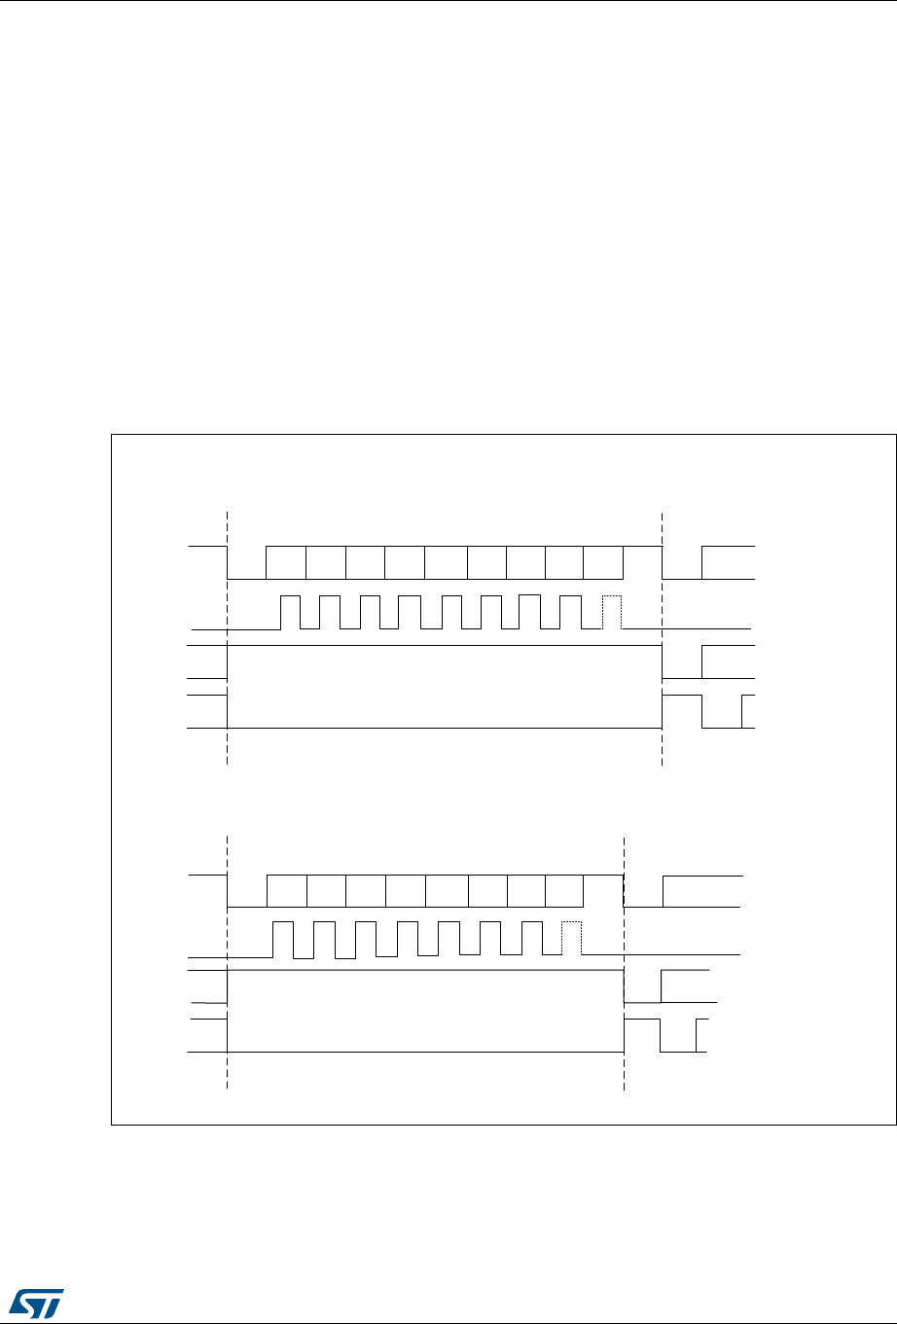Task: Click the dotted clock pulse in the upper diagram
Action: coord(612,612)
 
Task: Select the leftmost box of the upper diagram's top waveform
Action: coord(286,562)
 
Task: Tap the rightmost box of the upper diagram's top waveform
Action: coord(603,562)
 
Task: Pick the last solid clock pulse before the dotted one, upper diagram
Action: coord(571,612)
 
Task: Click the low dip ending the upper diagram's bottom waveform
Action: coord(722,713)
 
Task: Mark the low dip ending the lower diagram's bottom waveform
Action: coord(678,1036)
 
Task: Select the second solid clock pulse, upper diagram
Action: coord(330,612)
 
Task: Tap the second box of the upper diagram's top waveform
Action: coord(326,562)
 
